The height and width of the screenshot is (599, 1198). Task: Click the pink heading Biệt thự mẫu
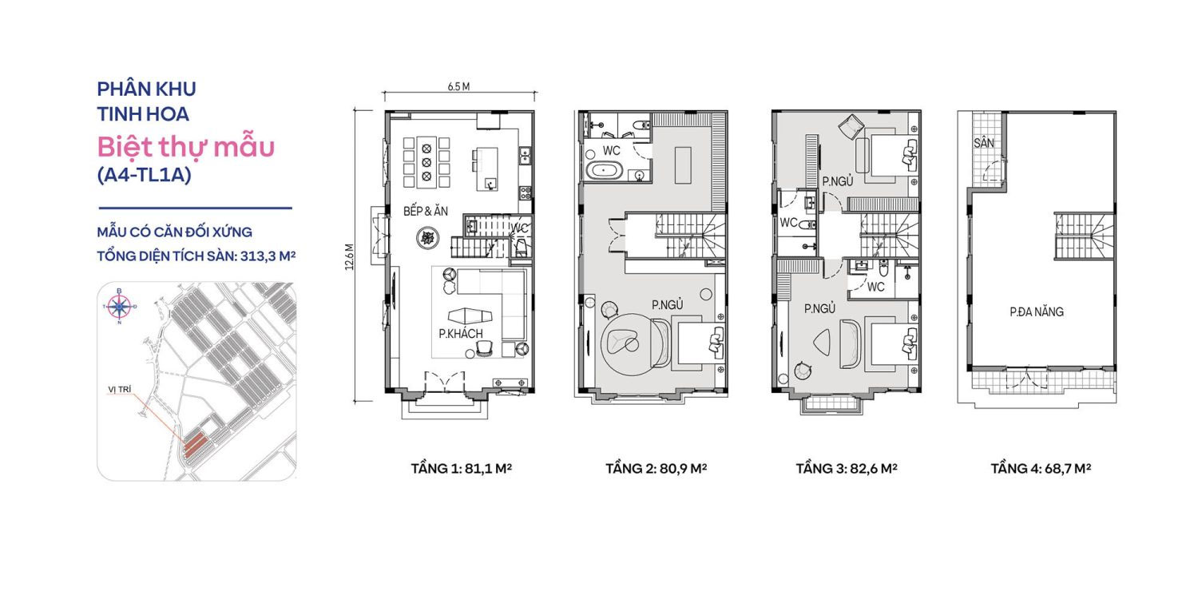pyautogui.click(x=186, y=147)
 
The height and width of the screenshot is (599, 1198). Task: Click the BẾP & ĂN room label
pyautogui.click(x=424, y=212)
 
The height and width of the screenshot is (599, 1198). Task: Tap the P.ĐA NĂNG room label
pyautogui.click(x=1037, y=312)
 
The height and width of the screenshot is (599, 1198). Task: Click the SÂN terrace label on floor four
pyautogui.click(x=983, y=144)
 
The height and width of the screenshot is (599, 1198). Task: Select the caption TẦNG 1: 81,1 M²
pyautogui.click(x=461, y=469)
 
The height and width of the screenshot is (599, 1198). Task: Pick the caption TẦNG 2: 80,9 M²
pyautogui.click(x=657, y=469)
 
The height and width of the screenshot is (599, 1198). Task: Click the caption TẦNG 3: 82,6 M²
pyautogui.click(x=846, y=469)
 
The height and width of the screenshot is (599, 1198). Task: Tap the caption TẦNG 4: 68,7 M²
pyautogui.click(x=1041, y=469)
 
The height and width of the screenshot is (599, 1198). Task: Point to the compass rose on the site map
pyautogui.click(x=120, y=305)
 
